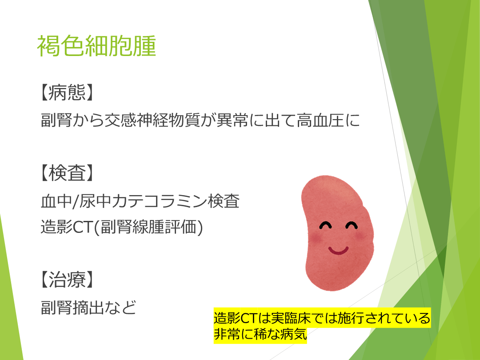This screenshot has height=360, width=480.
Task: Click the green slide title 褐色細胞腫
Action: pyautogui.click(x=96, y=46)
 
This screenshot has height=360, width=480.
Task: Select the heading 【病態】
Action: pyautogui.click(x=67, y=92)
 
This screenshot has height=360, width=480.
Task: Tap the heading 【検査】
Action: pyautogui.click(x=67, y=173)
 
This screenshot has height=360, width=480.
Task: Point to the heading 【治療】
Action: pyautogui.click(x=67, y=280)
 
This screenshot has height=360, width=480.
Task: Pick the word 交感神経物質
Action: pyautogui.click(x=152, y=120)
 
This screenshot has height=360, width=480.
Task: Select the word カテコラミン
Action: pyautogui.click(x=159, y=201)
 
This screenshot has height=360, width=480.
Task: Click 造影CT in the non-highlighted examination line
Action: pyautogui.click(x=66, y=227)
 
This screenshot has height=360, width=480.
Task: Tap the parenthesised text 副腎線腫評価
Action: pyautogui.click(x=148, y=227)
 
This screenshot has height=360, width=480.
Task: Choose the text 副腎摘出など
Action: pyautogui.click(x=88, y=308)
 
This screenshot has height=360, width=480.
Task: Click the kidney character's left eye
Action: pyautogui.click(x=325, y=225)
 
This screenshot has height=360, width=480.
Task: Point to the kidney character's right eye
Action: pyautogui.click(x=352, y=225)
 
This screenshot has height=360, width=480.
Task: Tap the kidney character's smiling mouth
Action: pyautogui.click(x=338, y=250)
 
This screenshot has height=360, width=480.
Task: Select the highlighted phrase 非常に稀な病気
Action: pyautogui.click(x=260, y=334)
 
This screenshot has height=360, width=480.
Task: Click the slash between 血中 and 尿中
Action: pyautogui.click(x=75, y=202)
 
